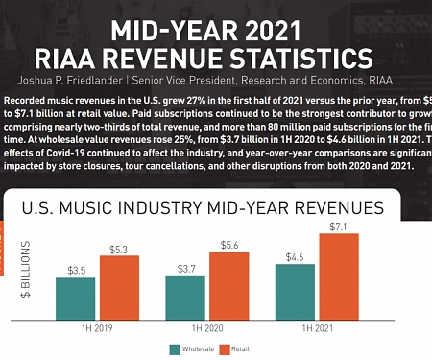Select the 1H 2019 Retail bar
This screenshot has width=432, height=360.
119,287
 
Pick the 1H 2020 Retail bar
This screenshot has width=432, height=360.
228,285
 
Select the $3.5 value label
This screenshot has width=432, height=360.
76,270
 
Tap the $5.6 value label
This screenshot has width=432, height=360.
228,245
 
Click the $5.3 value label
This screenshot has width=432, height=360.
119,249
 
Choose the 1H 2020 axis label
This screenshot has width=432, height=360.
206,328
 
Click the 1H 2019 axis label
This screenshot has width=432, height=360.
97,328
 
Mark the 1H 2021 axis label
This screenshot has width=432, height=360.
316,328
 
